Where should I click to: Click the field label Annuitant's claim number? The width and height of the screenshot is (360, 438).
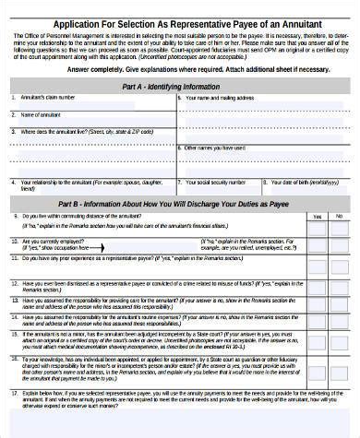48,97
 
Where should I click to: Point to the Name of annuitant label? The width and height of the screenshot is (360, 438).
41,114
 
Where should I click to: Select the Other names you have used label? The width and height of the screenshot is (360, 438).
215,148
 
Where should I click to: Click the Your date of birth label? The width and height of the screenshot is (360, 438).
302,182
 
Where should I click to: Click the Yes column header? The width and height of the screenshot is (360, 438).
317,217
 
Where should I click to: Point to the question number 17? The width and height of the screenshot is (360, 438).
14,393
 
